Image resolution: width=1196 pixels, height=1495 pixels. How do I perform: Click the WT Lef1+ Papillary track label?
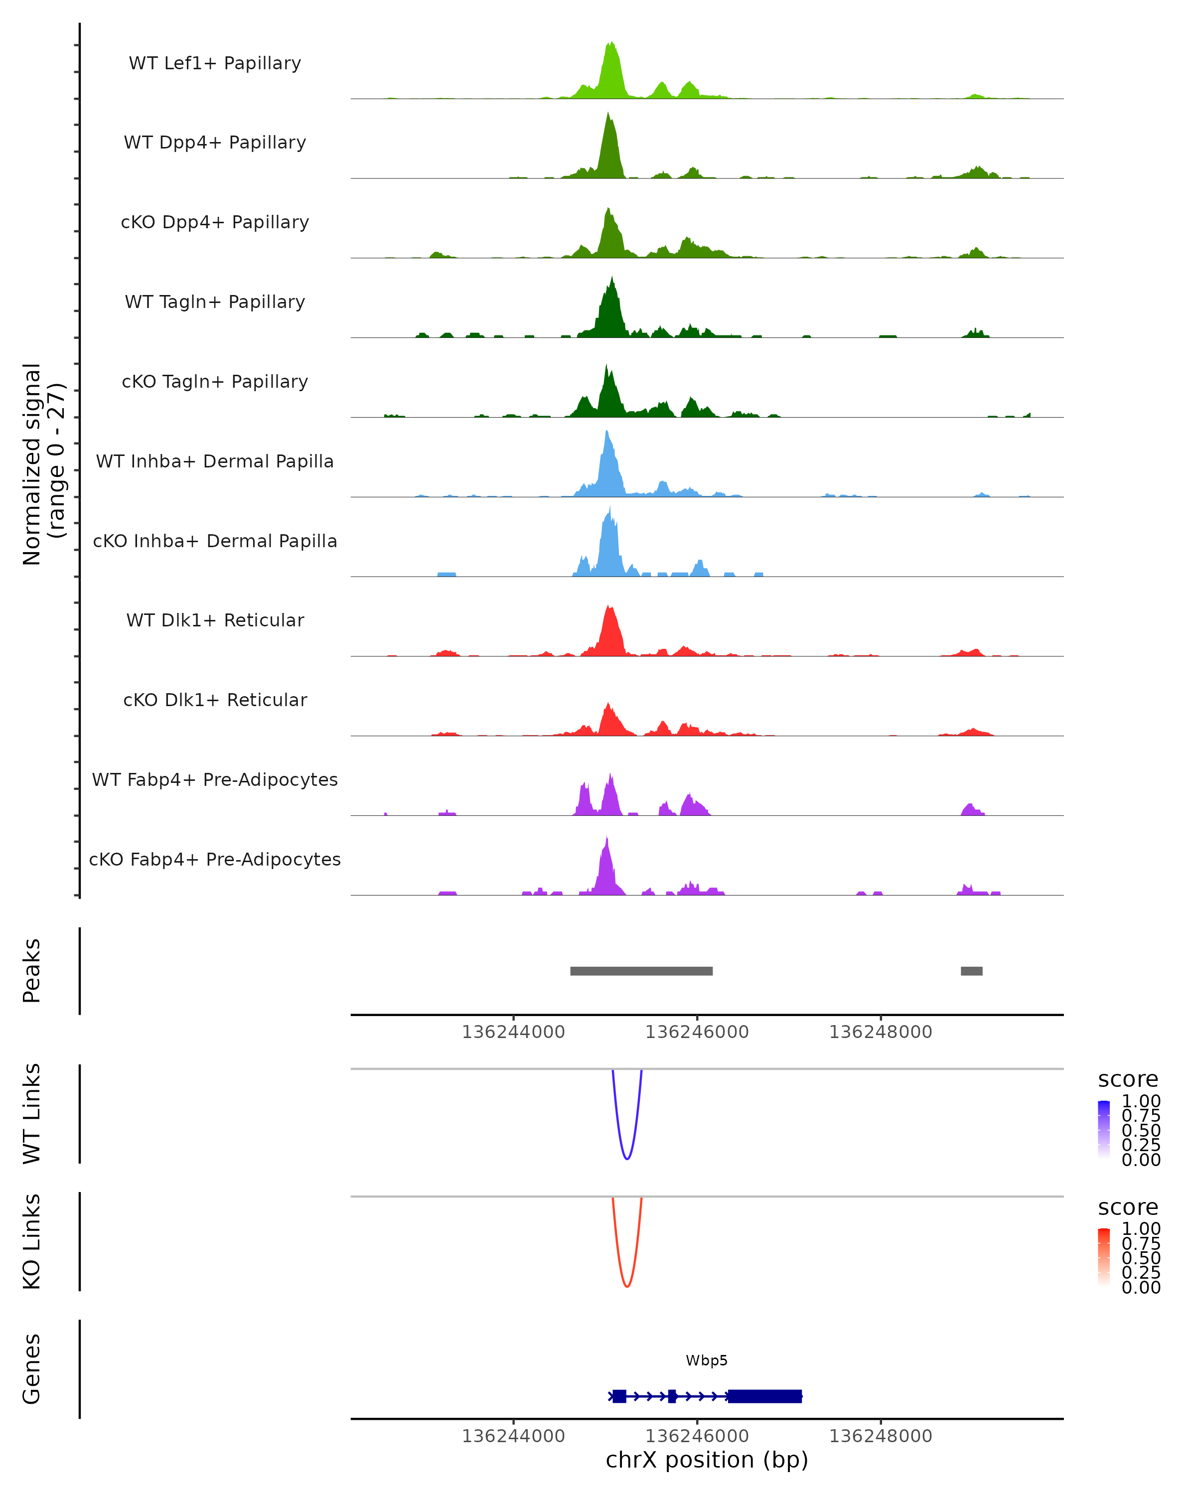215,63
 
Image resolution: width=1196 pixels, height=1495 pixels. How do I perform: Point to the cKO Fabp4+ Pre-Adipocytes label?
215,859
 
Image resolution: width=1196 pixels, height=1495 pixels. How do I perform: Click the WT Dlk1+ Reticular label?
215,620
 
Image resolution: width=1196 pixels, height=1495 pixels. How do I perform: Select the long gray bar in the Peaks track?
641,971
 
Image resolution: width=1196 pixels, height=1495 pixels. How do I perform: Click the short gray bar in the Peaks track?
971,971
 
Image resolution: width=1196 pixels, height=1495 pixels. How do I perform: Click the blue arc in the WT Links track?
627,1158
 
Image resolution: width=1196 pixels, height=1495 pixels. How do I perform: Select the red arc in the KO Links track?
627,1286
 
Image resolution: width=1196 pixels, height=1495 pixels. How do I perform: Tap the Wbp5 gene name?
707,1360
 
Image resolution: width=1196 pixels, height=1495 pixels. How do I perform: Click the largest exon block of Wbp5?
765,1396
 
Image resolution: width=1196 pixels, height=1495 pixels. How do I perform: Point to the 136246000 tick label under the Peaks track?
697,1033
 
